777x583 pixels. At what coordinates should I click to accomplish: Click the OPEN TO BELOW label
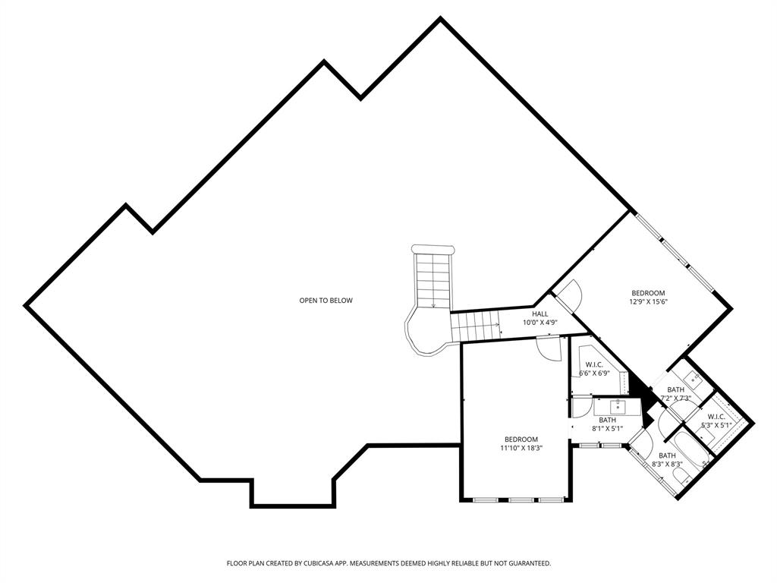pyautogui.click(x=326, y=301)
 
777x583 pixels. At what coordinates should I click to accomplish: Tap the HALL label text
pyautogui.click(x=539, y=314)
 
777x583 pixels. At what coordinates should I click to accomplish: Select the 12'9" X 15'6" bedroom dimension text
pyautogui.click(x=648, y=301)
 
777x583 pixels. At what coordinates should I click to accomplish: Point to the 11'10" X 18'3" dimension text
pyautogui.click(x=521, y=448)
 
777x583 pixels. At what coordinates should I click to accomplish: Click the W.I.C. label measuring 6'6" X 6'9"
pyautogui.click(x=594, y=364)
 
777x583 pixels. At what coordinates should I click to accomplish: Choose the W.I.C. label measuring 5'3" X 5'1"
pyautogui.click(x=716, y=416)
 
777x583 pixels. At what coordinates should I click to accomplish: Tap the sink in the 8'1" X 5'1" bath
pyautogui.click(x=618, y=407)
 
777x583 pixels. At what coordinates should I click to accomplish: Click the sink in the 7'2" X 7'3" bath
pyautogui.click(x=691, y=377)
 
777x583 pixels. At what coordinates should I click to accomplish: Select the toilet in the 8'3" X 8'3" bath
pyautogui.click(x=681, y=476)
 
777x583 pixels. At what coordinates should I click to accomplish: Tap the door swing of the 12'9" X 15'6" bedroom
pyautogui.click(x=568, y=292)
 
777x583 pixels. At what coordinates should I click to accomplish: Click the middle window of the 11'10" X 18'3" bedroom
pyautogui.click(x=521, y=499)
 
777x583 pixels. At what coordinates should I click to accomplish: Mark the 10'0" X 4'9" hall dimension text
pyautogui.click(x=539, y=323)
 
